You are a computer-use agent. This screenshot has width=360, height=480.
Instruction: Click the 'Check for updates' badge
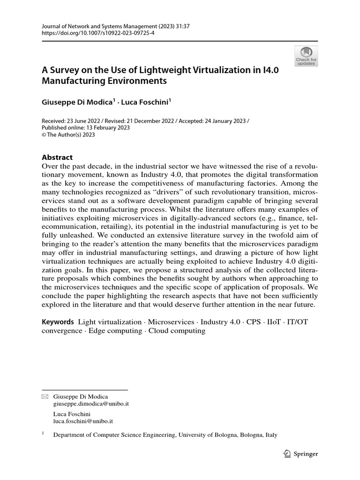click(x=306, y=56)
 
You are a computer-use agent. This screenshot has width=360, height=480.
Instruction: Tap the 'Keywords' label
click(x=58, y=322)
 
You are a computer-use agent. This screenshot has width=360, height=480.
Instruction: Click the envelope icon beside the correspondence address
click(x=45, y=397)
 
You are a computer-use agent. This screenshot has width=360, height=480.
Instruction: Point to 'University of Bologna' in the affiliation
click(x=208, y=435)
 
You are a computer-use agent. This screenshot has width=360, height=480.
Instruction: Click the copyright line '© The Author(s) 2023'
click(x=68, y=135)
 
